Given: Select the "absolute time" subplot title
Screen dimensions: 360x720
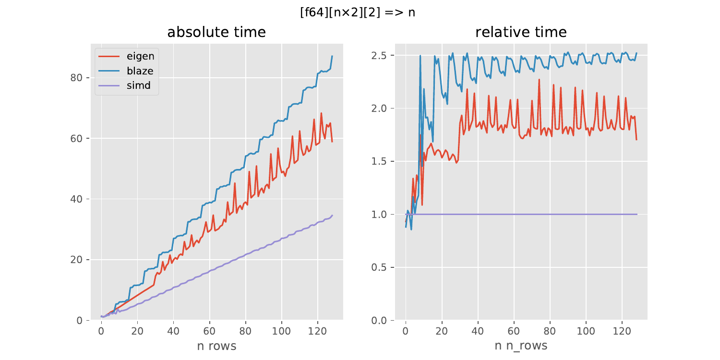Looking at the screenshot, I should pos(216,32).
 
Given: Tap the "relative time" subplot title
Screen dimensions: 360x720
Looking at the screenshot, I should pos(521,32).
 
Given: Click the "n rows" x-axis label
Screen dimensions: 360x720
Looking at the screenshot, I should pos(216,346).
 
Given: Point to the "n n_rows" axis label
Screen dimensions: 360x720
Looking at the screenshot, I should pos(521,346).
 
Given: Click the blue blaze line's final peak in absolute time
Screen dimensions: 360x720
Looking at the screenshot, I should pos(332,56).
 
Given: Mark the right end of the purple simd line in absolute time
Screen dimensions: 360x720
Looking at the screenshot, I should pos(332,215).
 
